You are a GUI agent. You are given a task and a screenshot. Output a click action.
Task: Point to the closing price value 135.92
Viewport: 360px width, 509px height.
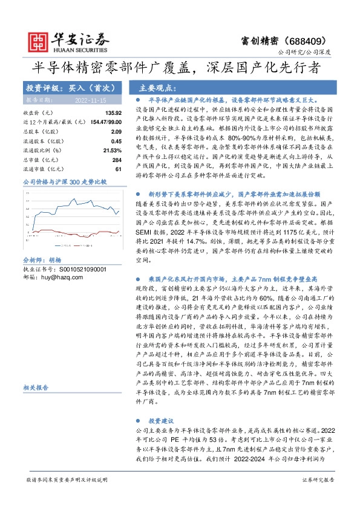tap(113, 113)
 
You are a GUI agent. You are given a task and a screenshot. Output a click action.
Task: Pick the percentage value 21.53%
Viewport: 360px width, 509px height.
tap(113, 149)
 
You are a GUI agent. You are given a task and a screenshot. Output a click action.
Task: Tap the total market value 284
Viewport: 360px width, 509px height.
tap(117, 159)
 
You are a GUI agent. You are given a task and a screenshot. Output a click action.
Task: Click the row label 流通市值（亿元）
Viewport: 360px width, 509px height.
tap(43, 168)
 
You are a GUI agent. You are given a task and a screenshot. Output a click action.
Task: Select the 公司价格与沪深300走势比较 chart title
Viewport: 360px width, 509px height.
tap(64, 181)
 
